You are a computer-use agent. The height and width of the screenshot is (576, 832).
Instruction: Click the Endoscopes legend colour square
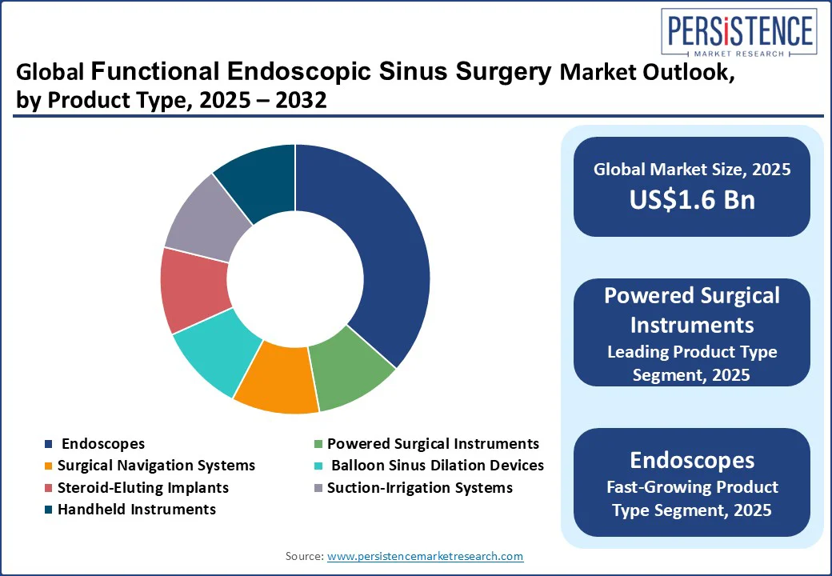49,444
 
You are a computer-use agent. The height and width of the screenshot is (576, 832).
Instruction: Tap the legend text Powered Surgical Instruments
433,443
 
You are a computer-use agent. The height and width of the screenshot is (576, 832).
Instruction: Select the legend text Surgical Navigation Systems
156,465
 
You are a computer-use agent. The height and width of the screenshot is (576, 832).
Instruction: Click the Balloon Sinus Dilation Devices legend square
318,466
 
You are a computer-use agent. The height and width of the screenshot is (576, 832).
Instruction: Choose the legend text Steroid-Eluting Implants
142,487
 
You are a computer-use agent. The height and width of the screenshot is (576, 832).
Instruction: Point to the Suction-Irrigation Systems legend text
420,487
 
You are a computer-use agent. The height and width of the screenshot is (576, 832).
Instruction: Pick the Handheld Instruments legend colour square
49,510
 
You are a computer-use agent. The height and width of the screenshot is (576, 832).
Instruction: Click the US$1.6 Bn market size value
692,199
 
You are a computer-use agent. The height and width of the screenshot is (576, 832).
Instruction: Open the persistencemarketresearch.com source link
425,556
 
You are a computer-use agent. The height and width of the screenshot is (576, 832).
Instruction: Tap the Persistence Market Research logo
739,32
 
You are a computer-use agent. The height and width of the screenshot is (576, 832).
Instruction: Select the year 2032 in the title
301,100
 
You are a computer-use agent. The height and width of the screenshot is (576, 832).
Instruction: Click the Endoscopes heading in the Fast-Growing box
692,460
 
